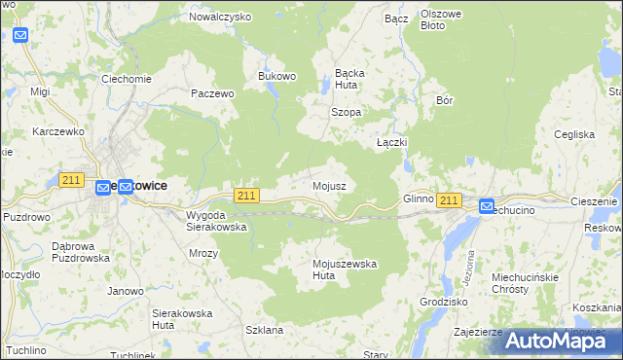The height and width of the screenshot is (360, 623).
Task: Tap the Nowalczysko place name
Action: pos(220,17)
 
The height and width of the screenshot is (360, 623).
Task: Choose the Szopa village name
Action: pos(346,112)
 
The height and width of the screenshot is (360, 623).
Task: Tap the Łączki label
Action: pos(391,142)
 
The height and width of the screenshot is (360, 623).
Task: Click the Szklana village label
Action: pos(264,330)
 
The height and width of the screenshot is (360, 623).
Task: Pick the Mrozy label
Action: pos(203,252)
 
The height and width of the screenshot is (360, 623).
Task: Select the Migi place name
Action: pos(40,91)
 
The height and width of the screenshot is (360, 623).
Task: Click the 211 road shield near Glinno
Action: pos(448,200)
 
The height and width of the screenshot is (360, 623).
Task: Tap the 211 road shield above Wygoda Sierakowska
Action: pos(246,196)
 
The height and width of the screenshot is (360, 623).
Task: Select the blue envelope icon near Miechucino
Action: pos(487,205)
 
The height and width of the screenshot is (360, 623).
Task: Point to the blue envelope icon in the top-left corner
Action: pos(20,35)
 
